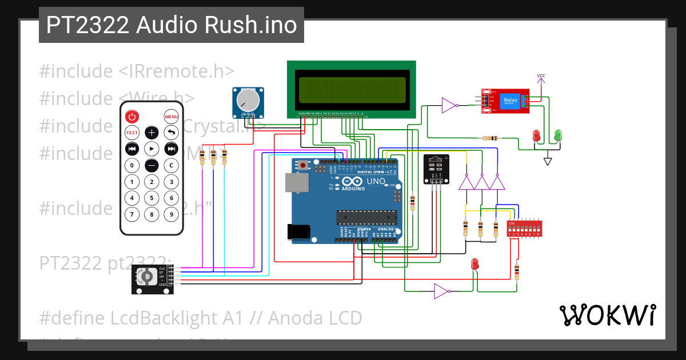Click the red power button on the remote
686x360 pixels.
pyautogui.click(x=132, y=117)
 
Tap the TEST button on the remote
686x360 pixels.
pyautogui.click(x=132, y=133)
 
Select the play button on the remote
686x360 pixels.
pyautogui.click(x=151, y=149)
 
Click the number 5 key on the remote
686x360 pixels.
pyautogui.click(x=151, y=198)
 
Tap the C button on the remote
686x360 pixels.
pyautogui.click(x=171, y=166)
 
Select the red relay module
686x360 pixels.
pyautogui.click(x=505, y=102)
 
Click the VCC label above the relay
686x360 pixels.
pyautogui.click(x=541, y=76)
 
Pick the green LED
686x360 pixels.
pyautogui.click(x=558, y=135)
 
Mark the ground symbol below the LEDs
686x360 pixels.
pyautogui.click(x=548, y=161)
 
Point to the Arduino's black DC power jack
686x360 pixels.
pyautogui.click(x=298, y=231)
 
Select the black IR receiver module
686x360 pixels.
pyautogui.click(x=436, y=169)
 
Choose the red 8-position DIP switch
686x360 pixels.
pyautogui.click(x=524, y=229)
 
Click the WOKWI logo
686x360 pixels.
pyautogui.click(x=607, y=315)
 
